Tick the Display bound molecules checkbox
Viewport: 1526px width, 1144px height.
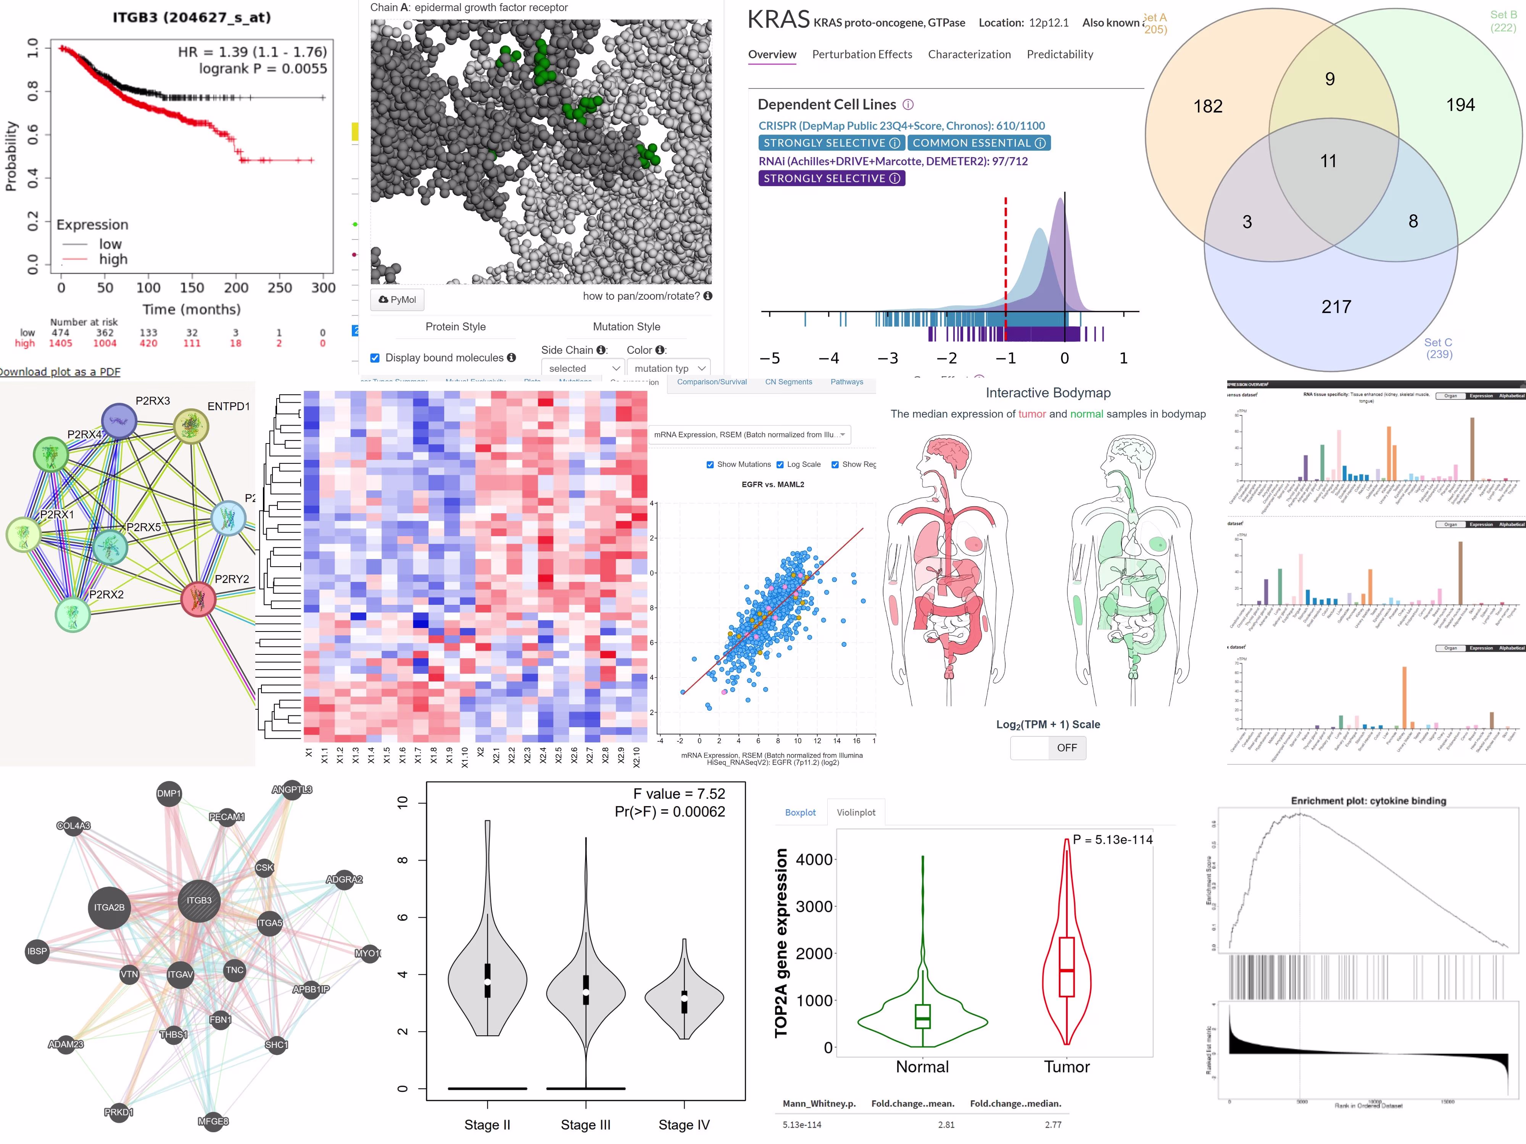click(375, 358)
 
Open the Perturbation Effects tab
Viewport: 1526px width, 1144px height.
click(862, 55)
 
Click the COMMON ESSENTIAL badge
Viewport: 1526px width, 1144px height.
click(978, 143)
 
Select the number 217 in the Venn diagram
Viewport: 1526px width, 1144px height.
click(1336, 307)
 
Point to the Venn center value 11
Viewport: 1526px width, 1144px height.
click(1328, 161)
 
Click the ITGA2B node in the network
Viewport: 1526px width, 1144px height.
click(110, 908)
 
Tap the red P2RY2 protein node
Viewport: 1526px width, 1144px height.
click(198, 599)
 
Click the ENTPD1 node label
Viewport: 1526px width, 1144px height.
click(228, 406)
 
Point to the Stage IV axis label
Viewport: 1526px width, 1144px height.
click(684, 1125)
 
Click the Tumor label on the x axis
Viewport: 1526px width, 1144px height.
click(1067, 1067)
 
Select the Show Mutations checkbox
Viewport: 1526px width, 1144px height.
click(710, 465)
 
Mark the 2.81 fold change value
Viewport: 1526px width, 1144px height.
click(946, 1125)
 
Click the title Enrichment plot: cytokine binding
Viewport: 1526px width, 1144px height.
click(1368, 800)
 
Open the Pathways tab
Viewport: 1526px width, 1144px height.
click(846, 382)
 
